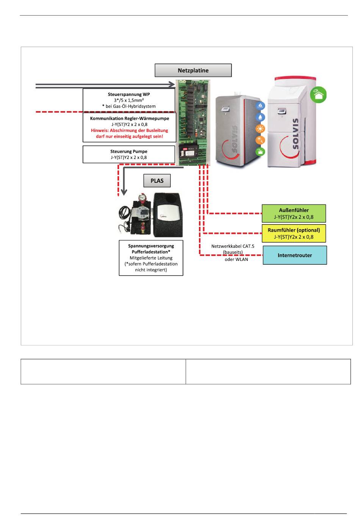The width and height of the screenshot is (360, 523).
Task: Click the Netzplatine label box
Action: pos(193,70)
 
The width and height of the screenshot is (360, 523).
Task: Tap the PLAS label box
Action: pos(157,181)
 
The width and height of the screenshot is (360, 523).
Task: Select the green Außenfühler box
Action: pos(294,214)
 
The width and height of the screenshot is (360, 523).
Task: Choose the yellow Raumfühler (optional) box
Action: pos(294,233)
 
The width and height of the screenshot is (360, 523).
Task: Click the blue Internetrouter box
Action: pos(295,255)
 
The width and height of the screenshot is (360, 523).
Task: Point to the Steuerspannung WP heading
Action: pos(129,94)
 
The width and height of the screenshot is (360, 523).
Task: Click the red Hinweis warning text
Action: pos(130,133)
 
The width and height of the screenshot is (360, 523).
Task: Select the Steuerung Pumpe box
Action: pos(129,154)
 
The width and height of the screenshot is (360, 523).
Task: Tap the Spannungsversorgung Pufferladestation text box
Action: pos(151,258)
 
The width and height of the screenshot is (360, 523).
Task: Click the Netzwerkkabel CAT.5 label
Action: pos(233,246)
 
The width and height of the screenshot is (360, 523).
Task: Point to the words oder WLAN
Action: pos(236,259)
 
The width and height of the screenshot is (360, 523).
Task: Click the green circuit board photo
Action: pos(193,123)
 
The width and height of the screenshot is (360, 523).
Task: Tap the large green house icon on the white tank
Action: pos(318,94)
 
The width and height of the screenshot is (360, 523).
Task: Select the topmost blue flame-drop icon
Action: pos(260,105)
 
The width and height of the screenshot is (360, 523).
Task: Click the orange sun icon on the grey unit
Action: pos(260,129)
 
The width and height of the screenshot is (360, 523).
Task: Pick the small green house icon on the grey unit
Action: pos(260,152)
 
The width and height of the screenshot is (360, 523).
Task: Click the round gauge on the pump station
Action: pos(141,198)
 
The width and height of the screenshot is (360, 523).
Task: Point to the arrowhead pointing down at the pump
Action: pos(124,192)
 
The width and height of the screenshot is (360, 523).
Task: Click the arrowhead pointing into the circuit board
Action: pos(172,84)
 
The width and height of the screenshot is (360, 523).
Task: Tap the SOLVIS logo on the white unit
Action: pos(295,133)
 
